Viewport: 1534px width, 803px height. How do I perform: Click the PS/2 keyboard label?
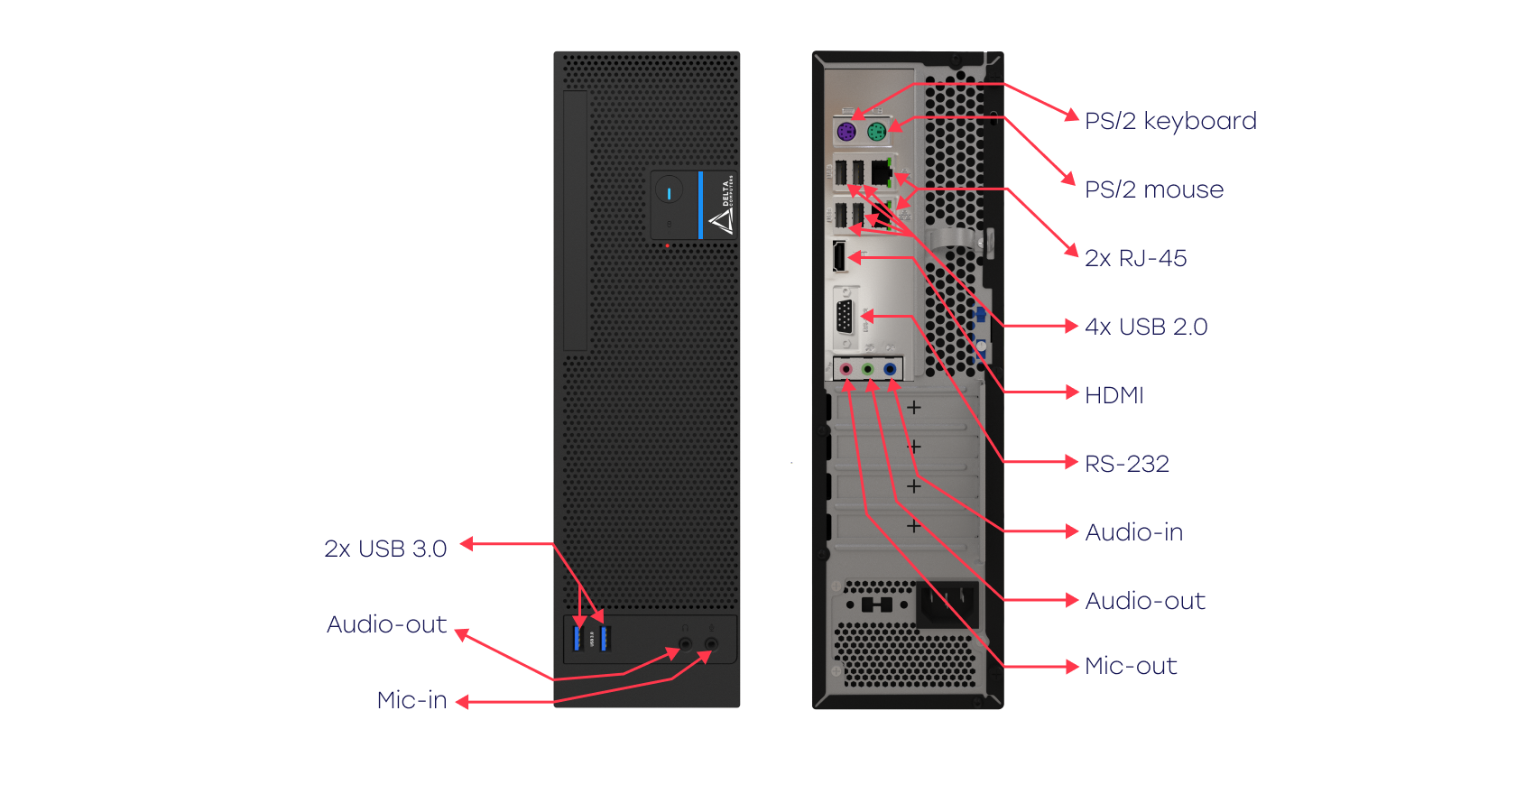pos(1170,121)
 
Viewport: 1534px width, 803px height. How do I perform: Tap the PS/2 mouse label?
pos(1154,189)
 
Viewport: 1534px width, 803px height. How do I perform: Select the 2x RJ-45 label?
pos(1135,258)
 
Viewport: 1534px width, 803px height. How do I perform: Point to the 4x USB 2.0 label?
pos(1146,327)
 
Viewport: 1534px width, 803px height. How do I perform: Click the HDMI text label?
pos(1114,395)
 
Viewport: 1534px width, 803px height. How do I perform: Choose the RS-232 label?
pos(1126,464)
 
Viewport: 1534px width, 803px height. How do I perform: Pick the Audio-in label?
pos(1133,532)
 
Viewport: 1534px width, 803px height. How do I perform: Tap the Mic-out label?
pos(1131,666)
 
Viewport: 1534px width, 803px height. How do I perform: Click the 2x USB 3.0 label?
pos(385,549)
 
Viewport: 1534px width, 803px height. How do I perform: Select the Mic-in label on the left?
pos(411,700)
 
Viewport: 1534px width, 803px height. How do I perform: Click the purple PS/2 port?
pos(846,133)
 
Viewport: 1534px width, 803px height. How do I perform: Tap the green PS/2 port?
pos(874,133)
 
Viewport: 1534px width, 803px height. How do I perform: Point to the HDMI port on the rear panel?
pos(839,256)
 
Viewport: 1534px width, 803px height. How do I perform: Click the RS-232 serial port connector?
pos(845,318)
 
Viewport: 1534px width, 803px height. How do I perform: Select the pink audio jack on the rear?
pos(846,369)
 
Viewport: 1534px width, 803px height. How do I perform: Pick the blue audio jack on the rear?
pos(890,369)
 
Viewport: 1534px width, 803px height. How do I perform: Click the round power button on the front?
pos(669,192)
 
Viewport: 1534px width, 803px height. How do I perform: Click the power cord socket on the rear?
pos(947,603)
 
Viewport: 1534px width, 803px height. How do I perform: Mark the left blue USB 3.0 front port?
pos(578,638)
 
